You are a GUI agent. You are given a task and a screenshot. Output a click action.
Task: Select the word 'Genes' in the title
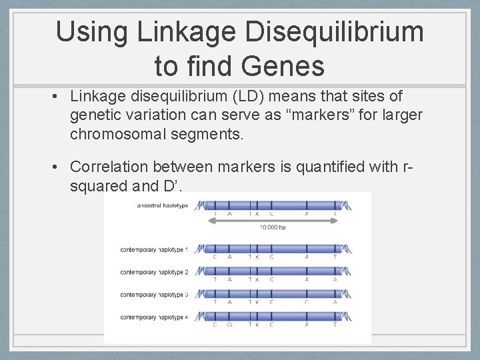[285, 66]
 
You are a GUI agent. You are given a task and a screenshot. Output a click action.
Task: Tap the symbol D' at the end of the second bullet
[170, 185]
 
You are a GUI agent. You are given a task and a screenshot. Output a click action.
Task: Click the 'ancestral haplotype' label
[162, 205]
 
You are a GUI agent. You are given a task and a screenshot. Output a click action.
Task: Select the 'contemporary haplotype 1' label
[154, 249]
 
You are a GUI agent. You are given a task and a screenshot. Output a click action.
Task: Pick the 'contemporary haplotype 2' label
[154, 272]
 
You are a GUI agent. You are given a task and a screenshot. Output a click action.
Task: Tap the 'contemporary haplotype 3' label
[154, 295]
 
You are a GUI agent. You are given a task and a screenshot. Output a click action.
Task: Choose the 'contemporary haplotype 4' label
[154, 317]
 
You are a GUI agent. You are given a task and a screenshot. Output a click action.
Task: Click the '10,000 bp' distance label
[273, 227]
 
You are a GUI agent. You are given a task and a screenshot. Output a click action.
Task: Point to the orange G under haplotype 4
[230, 325]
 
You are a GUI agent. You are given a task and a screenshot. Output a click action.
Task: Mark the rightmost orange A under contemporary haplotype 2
[335, 280]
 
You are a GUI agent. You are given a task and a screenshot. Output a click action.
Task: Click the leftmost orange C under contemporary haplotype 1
[215, 257]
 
